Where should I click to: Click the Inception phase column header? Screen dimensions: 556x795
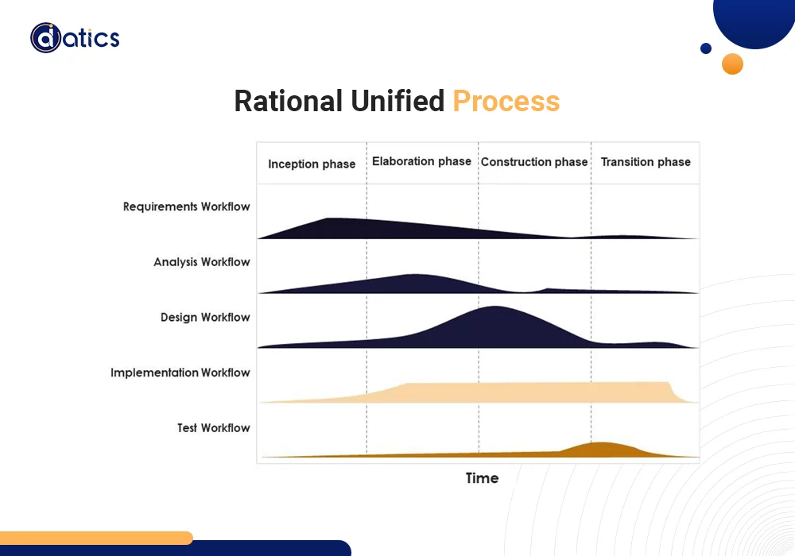pyautogui.click(x=312, y=164)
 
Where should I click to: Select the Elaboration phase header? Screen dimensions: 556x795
pyautogui.click(x=421, y=161)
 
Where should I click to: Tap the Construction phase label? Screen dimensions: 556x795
pyautogui.click(x=533, y=162)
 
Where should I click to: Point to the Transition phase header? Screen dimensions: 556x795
pyautogui.click(x=646, y=162)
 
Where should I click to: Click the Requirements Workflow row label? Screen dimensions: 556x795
pyautogui.click(x=186, y=207)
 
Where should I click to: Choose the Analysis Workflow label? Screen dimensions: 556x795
pyautogui.click(x=202, y=262)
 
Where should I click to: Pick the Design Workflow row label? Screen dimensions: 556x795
pyautogui.click(x=205, y=317)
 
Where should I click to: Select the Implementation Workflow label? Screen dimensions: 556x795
pyautogui.click(x=180, y=373)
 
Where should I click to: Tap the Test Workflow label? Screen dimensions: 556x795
pyautogui.click(x=213, y=428)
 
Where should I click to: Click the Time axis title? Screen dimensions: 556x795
pyautogui.click(x=482, y=478)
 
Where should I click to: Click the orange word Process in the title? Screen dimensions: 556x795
pyautogui.click(x=506, y=102)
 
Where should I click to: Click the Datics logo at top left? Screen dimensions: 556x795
pyautogui.click(x=75, y=37)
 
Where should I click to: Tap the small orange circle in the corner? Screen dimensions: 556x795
pyautogui.click(x=732, y=64)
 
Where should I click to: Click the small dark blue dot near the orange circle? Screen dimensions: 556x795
pyautogui.click(x=706, y=48)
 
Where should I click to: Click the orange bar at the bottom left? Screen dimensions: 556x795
pyautogui.click(x=95, y=538)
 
